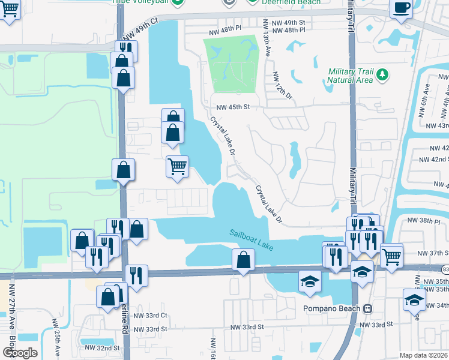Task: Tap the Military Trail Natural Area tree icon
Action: point(382,76)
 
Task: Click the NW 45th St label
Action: point(233,107)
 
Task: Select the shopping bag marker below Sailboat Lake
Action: point(243,260)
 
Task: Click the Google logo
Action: point(20,353)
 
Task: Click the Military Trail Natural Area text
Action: point(351,76)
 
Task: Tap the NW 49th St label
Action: point(291,22)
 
